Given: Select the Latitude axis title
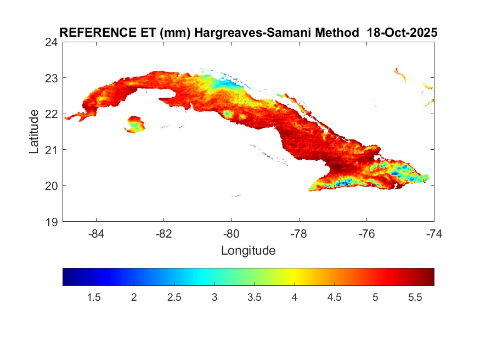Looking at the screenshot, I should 34,132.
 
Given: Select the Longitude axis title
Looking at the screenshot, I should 248,251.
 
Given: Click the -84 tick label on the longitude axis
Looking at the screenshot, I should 97,234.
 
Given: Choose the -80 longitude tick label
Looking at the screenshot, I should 231,234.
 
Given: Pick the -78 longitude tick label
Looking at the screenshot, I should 299,234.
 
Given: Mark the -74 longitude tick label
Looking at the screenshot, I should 434,234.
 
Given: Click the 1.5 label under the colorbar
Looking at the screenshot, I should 93,297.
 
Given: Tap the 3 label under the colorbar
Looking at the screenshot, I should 214,297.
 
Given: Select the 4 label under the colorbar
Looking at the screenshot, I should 295,297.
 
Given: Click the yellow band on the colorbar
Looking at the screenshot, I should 295,277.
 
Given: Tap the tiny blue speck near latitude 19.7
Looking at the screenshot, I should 236,195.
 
